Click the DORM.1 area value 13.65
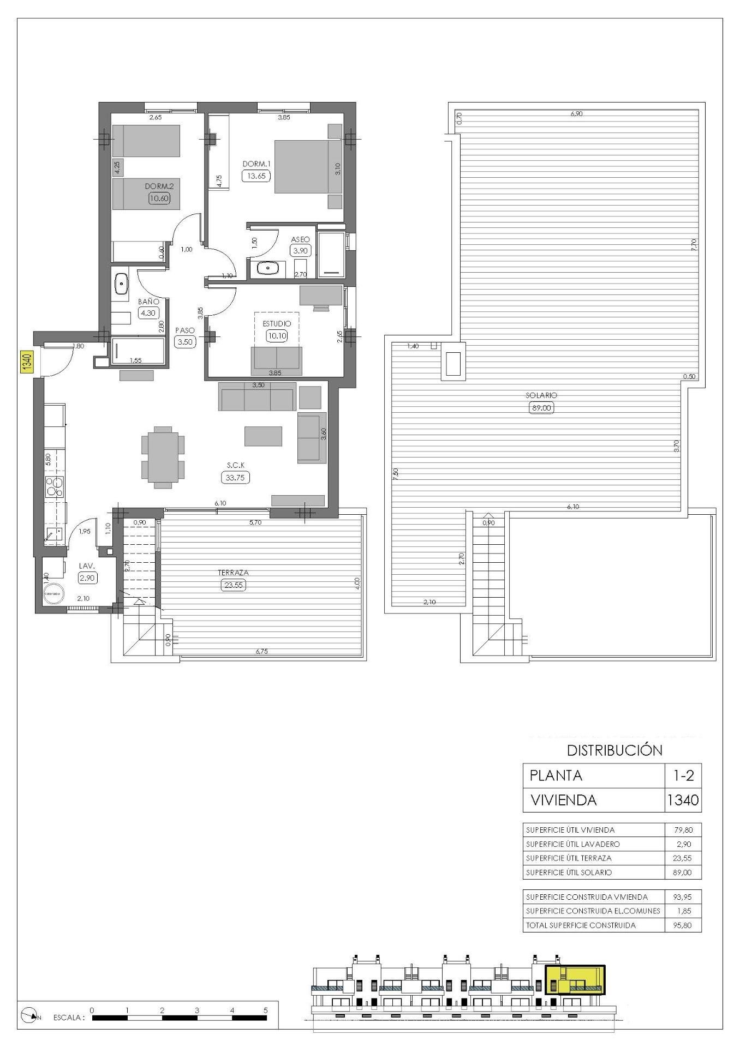point(256,176)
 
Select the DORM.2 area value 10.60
point(159,198)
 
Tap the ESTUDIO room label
point(277,323)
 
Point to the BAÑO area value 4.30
point(148,314)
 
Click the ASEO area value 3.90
point(300,251)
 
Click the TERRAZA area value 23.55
point(234,585)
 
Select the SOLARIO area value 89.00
point(541,407)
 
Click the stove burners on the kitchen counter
point(55,486)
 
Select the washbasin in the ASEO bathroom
point(267,268)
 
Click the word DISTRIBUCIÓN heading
point(614,750)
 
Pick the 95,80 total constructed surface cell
point(682,925)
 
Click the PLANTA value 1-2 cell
point(682,775)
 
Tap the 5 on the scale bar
point(265,1010)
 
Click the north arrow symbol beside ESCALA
point(31,1015)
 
